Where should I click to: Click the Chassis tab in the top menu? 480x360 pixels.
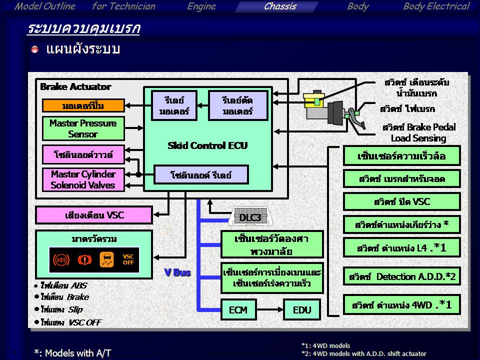coord(280,6)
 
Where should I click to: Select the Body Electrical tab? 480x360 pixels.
coord(436,6)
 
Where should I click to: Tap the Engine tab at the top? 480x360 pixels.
coord(201,6)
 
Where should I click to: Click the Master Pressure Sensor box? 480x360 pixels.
coord(83,128)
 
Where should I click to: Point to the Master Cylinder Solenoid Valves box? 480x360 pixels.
coord(83,179)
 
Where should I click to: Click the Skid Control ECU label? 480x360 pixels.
coord(207,146)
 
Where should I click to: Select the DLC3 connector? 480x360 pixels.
coord(250,217)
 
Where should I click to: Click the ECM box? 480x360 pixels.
coord(238,310)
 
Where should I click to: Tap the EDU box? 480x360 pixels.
coord(301,310)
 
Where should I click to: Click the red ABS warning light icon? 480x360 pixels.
coord(61,259)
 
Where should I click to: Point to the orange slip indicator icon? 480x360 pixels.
coord(106,259)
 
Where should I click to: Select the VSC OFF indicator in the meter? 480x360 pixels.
coord(128,259)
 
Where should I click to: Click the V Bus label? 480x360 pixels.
coord(177,273)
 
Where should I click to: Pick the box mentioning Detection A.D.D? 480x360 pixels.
coord(401,276)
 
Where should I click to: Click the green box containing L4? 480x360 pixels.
coord(401,247)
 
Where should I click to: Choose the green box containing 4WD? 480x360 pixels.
coord(401,304)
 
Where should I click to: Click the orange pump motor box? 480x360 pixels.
coord(83,105)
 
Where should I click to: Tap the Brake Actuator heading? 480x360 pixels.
coord(75,86)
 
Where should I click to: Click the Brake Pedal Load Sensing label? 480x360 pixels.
coord(418,132)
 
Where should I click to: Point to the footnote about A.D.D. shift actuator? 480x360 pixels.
coord(363,353)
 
